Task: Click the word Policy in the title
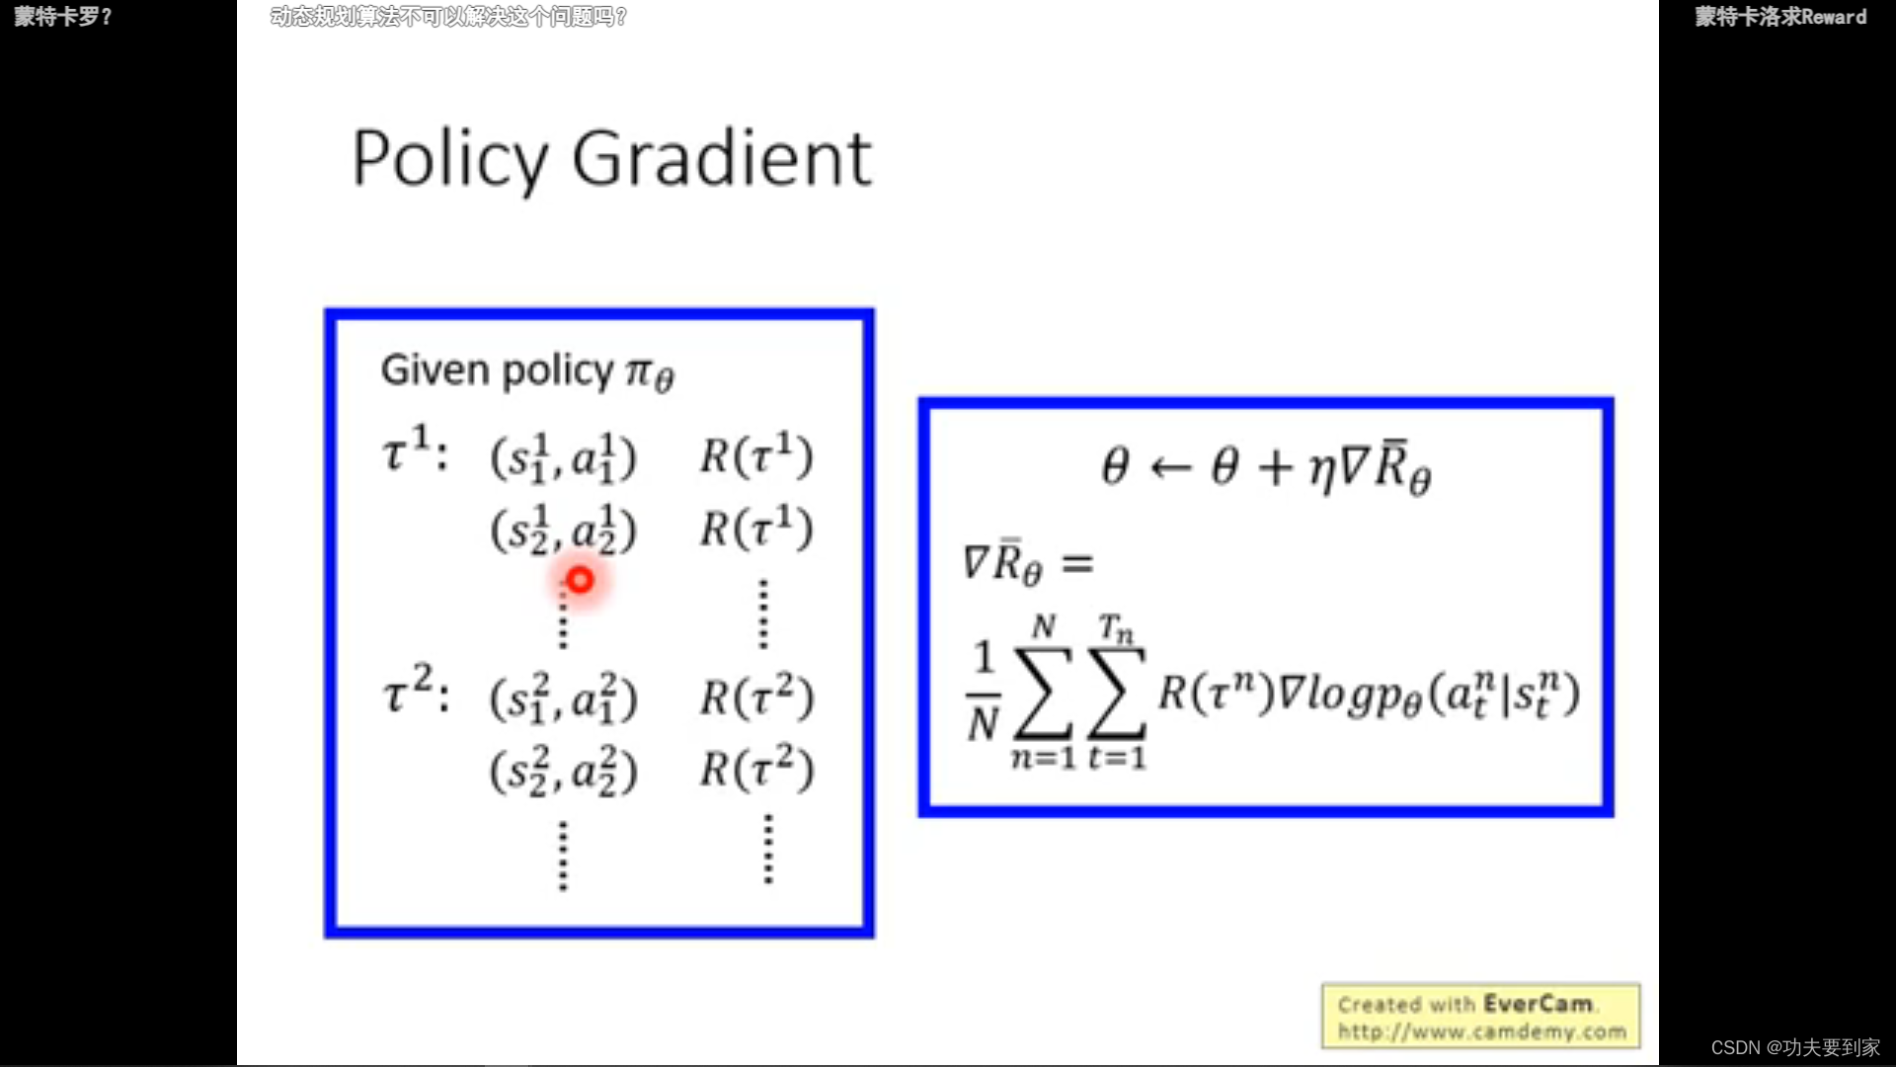[449, 160]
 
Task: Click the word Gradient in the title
[722, 160]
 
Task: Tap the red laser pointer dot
[580, 580]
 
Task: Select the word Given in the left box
[434, 370]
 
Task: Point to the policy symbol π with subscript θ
[650, 373]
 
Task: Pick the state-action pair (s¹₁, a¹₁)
[564, 457]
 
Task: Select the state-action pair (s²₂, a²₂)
[564, 771]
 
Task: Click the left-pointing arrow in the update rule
[1171, 467]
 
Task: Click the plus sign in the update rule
[1276, 467]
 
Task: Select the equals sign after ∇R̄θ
[1077, 564]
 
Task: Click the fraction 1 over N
[984, 692]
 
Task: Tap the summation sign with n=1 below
[1044, 694]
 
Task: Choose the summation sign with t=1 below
[1117, 694]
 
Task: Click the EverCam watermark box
[1481, 1017]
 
